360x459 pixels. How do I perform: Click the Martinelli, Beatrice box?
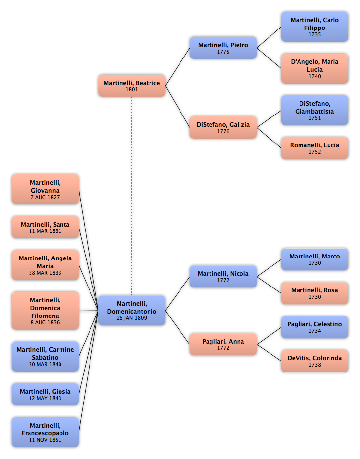(x=132, y=86)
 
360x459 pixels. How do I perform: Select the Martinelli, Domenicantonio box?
(x=132, y=311)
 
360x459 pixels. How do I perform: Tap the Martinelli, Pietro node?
(x=223, y=48)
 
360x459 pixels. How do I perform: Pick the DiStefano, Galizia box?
(x=223, y=127)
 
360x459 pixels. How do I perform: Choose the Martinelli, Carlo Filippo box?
(x=315, y=27)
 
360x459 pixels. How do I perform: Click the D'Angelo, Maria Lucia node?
(x=315, y=68)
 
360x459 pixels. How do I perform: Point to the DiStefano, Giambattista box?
(x=315, y=111)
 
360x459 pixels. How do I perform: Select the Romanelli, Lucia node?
(x=315, y=148)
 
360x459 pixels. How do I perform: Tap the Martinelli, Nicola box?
(x=223, y=277)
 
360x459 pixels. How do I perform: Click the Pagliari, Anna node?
(x=223, y=344)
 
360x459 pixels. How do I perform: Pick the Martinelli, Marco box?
(x=315, y=259)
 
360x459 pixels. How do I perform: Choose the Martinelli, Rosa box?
(x=315, y=293)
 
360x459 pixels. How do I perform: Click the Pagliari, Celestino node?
(x=315, y=327)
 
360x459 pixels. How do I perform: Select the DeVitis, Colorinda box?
(x=315, y=361)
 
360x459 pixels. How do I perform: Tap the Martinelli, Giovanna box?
(x=45, y=189)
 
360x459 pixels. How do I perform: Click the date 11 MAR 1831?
(x=45, y=231)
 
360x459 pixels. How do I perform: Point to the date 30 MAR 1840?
(x=45, y=364)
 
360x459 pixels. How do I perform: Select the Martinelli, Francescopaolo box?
(x=45, y=432)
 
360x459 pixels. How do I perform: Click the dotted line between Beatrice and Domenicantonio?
(x=132, y=196)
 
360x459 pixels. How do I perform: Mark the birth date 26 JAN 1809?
(x=132, y=318)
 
